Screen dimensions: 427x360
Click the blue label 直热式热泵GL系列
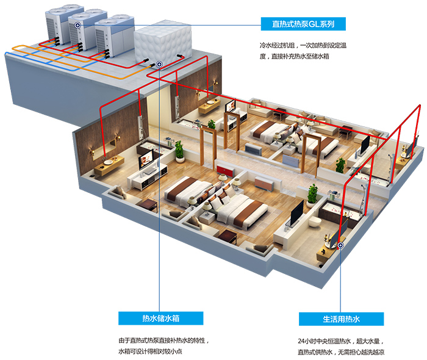(303, 24)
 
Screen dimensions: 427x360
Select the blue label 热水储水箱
(160, 318)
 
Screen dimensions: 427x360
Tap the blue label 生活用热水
(341, 319)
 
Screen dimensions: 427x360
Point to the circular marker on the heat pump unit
(78, 26)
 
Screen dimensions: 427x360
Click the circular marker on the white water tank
(159, 65)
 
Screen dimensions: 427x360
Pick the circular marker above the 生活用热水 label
(340, 245)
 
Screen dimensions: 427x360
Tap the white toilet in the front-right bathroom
(316, 221)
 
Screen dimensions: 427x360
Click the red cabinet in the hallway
(226, 170)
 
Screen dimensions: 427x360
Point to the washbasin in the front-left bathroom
(108, 162)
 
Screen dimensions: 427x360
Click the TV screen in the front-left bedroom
(146, 159)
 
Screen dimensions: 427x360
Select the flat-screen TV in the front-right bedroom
(296, 213)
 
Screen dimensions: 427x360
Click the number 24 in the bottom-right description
(301, 341)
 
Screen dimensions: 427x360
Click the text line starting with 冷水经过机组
(303, 45)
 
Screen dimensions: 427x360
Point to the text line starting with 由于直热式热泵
(163, 340)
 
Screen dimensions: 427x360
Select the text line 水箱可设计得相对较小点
(150, 351)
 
